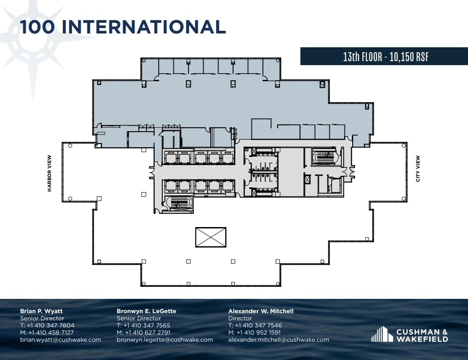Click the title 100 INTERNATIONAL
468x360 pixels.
tap(123, 27)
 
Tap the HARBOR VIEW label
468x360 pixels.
tap(49, 173)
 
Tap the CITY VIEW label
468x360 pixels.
tap(418, 169)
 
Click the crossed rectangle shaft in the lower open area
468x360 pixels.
tap(211, 237)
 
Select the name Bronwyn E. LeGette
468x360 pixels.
tap(146, 311)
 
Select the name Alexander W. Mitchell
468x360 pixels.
tap(261, 311)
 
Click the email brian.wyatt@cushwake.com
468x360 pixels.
tap(61, 339)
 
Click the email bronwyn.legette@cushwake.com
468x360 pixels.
tap(165, 339)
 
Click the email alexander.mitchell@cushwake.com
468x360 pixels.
tap(279, 339)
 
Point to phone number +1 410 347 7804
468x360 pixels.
tap(50, 325)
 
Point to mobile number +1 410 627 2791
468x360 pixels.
tap(147, 332)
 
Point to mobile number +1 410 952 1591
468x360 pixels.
tap(259, 332)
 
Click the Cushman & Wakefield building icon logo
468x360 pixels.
tap(382, 335)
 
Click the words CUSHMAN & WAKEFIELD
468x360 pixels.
tap(422, 335)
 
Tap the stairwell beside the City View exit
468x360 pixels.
tap(324, 157)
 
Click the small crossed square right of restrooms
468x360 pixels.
tap(307, 179)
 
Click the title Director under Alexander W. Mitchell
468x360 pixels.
tap(239, 318)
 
